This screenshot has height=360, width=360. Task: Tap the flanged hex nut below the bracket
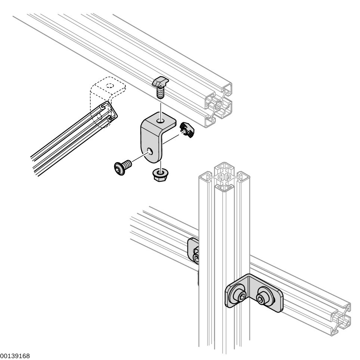(x=160, y=174)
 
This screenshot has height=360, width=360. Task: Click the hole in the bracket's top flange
(x=160, y=121)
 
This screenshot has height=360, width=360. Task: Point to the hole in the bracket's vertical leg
(x=149, y=150)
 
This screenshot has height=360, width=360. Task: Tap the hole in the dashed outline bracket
(x=109, y=85)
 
